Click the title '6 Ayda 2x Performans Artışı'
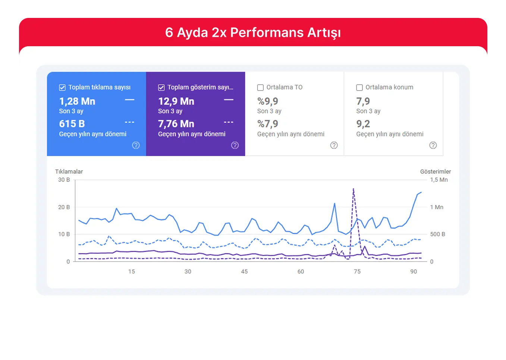pos(253,33)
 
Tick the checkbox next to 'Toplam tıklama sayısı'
pos(62,88)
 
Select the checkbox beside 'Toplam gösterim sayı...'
pos(161,88)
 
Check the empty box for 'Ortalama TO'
pos(260,88)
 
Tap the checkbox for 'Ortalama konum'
pos(359,88)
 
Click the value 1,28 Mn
pos(77,101)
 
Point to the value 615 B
pos(72,124)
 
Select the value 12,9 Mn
pos(176,101)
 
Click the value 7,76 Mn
pos(176,124)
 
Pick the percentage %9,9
pos(268,101)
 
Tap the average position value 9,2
pos(363,124)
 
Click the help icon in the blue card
pos(136,145)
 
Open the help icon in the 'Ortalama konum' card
pos(433,145)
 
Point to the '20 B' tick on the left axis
pos(64,207)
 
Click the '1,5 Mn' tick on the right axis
pos(439,180)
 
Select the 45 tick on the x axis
pos(244,272)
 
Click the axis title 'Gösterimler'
pos(435,171)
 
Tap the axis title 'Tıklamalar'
pos(69,171)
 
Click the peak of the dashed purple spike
pos(353,189)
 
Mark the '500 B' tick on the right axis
pos(437,234)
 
